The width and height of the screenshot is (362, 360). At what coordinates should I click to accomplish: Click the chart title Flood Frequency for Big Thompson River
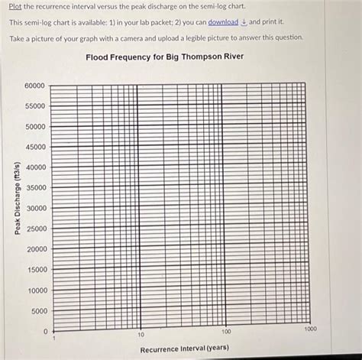coord(175,57)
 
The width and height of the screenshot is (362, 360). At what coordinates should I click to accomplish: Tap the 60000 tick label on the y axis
coord(35,85)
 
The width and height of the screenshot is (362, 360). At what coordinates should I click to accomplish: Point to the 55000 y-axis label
coord(35,105)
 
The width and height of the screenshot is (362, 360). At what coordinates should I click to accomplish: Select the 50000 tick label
coord(35,126)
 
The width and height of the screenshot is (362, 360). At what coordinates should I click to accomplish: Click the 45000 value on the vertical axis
coord(35,147)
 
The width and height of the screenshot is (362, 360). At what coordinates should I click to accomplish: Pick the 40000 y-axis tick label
coord(35,167)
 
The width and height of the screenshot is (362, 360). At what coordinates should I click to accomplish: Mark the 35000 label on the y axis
coord(35,188)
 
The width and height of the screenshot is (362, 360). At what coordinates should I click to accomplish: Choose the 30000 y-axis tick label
coord(35,209)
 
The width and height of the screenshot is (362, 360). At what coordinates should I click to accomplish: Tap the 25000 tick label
coord(35,229)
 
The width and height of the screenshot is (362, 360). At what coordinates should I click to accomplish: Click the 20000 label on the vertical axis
coord(35,249)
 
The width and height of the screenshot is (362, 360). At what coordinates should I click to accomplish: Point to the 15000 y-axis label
coord(35,270)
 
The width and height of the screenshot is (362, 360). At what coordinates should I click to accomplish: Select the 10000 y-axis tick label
coord(35,290)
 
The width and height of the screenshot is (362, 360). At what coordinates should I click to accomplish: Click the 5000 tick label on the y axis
coord(37,311)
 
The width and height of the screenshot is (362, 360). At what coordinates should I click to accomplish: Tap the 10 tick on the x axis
coord(141,335)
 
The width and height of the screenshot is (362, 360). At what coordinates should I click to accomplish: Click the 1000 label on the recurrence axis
coord(309,328)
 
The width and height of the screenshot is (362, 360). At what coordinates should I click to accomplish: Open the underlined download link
coord(223,22)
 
